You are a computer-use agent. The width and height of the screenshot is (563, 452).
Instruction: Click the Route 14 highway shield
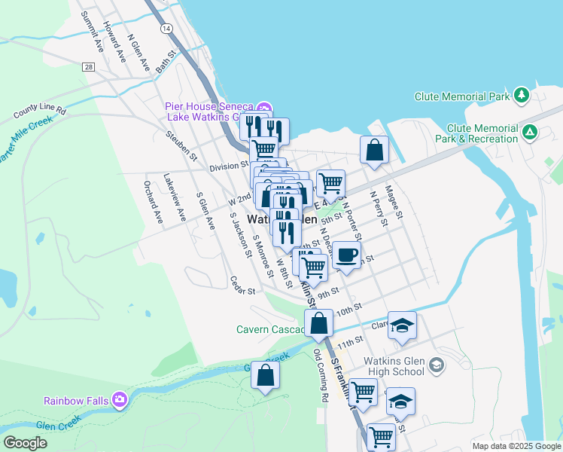(166, 28)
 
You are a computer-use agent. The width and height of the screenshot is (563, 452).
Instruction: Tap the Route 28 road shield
(89, 67)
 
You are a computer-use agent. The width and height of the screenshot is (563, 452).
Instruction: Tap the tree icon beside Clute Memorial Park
(520, 96)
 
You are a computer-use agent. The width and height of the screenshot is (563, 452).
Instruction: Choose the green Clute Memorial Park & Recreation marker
(531, 133)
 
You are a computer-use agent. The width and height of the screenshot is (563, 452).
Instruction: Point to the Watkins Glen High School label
(394, 366)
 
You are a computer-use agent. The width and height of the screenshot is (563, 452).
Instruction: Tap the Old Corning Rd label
(321, 375)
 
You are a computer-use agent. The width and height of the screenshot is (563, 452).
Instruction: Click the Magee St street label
(395, 203)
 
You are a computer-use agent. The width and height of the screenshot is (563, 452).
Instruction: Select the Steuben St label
(181, 146)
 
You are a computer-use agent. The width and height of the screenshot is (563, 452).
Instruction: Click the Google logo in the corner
(25, 443)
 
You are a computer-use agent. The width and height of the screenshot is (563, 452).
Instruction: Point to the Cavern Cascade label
(269, 329)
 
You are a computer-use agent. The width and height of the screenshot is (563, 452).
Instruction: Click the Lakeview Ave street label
(175, 197)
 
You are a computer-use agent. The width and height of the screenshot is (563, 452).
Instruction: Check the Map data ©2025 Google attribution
(516, 446)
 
